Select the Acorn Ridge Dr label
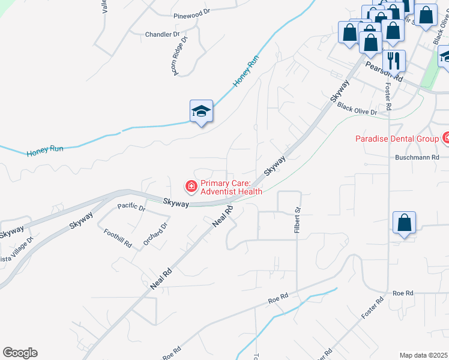coord(179,55)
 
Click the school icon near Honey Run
coord(202,111)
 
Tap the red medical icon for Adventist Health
coord(191,187)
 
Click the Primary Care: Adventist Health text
coord(231,187)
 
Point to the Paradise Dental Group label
coord(397,139)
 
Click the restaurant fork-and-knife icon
coord(394,61)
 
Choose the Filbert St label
coord(297,220)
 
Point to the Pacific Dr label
coord(131,207)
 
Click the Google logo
coord(20,353)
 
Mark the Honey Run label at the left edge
coord(44,151)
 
